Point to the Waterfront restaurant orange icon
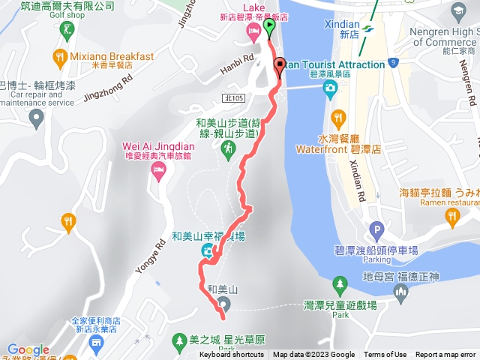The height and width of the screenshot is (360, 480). point(338,117)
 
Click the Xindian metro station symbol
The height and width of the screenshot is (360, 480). point(367,28)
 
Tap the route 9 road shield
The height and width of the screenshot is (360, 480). point(392,62)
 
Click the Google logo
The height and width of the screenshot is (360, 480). point(28,349)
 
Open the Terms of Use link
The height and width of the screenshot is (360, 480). point(385,355)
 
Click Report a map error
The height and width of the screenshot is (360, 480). point(445,355)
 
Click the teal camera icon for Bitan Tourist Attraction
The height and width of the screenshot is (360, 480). point(329,88)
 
